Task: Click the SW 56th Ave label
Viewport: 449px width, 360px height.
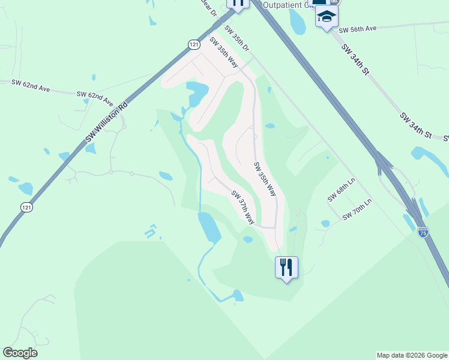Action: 357,29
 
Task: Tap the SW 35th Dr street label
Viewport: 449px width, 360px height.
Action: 237,38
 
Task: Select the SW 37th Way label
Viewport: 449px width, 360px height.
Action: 243,208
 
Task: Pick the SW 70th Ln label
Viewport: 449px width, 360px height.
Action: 357,209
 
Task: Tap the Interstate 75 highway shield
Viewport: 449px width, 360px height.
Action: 423,231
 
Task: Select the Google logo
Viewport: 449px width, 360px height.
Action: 20,353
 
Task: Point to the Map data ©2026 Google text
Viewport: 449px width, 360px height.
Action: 412,355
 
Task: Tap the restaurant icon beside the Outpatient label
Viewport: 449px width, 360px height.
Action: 238,3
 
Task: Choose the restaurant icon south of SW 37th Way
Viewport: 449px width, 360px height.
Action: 286,266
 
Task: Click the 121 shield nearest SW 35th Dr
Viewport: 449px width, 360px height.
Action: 193,44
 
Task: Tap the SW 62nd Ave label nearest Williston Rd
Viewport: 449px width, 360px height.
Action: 95,96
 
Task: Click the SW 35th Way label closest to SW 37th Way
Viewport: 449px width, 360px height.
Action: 265,179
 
